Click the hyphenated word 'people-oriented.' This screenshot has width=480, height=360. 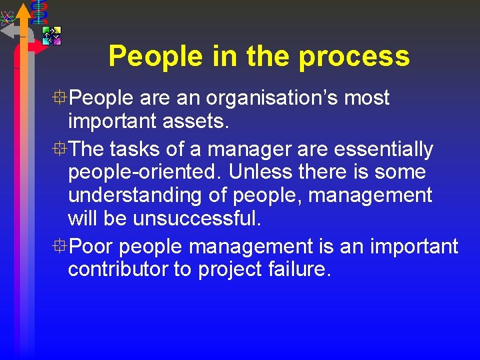[145, 172]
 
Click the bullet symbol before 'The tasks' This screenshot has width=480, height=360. [61, 149]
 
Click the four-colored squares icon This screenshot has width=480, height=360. [51, 35]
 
